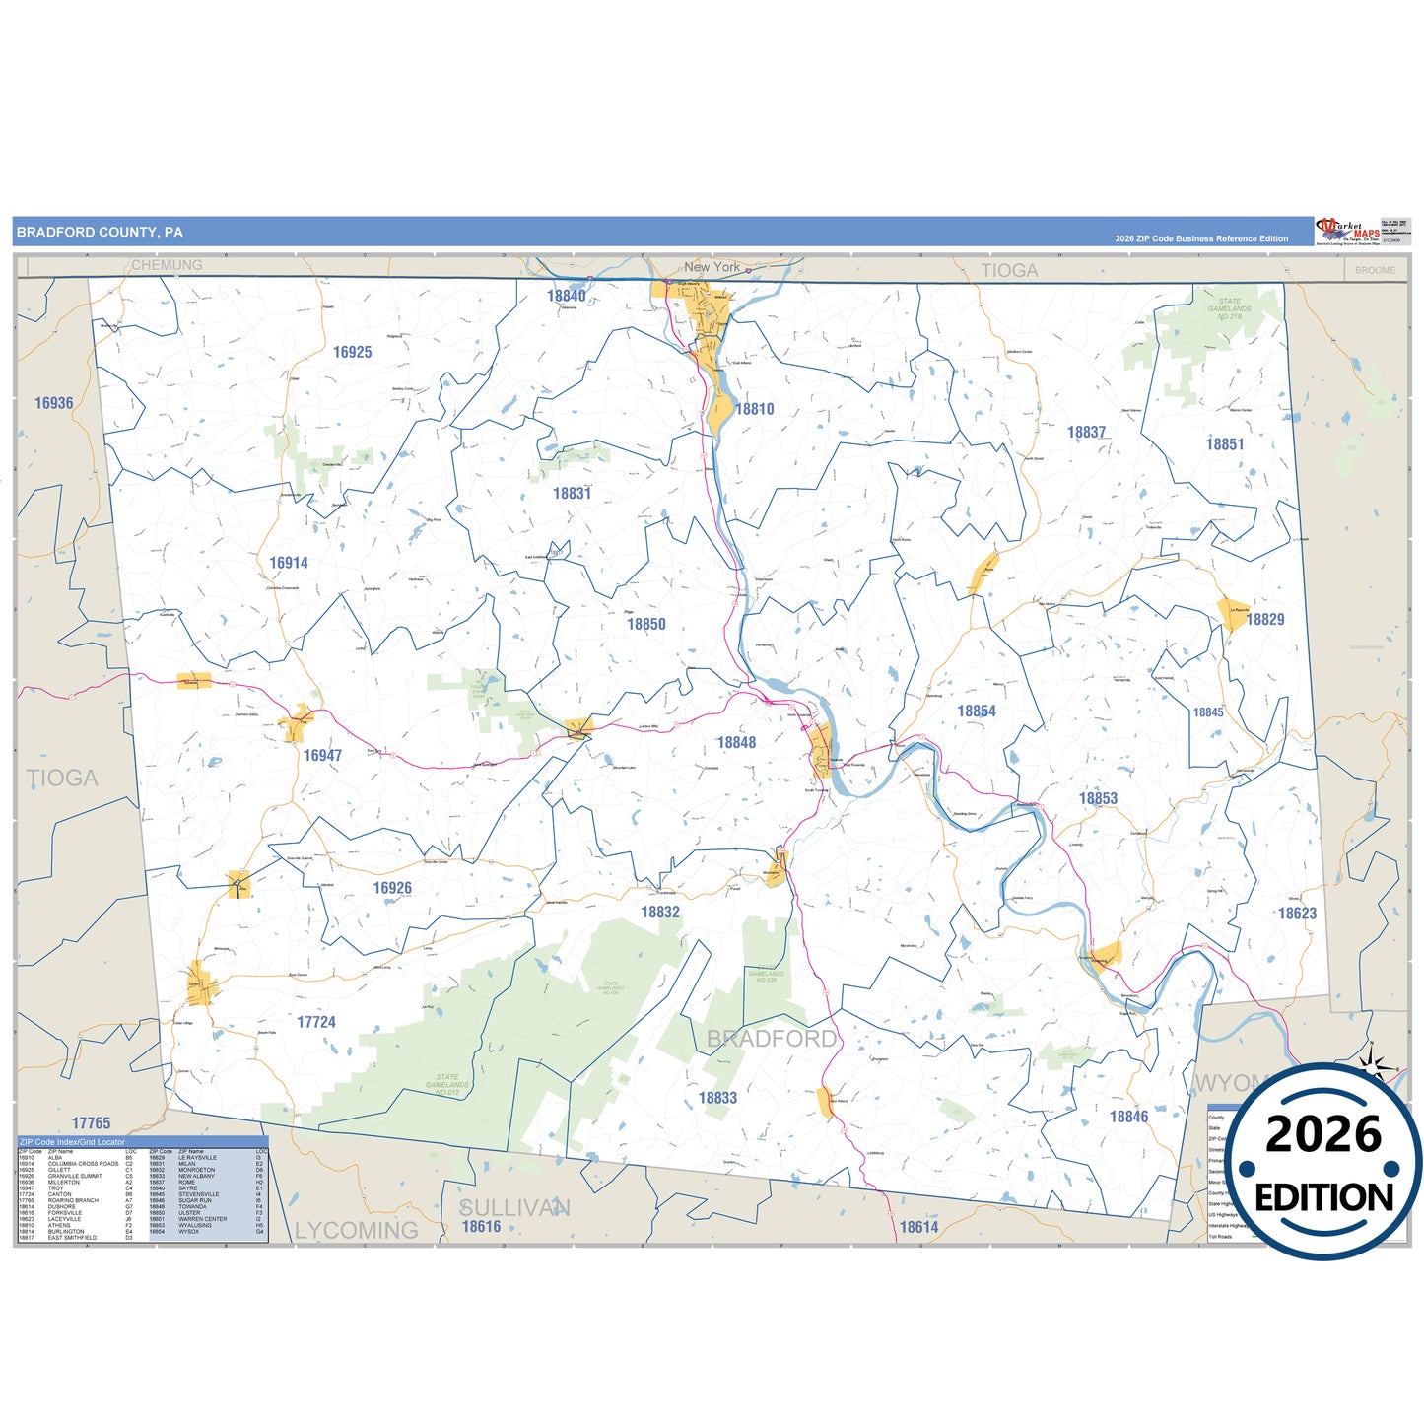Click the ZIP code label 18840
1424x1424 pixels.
pos(567,296)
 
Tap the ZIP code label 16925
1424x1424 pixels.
pos(352,352)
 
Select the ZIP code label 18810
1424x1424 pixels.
pos(755,409)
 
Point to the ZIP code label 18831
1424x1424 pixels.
pos(572,493)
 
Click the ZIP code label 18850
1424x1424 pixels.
pos(646,624)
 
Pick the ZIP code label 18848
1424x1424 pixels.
pos(736,742)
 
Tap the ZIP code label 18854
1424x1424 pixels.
pos(977,711)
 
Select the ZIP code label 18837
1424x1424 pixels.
pos(1086,432)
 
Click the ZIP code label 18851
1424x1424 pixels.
pos(1225,444)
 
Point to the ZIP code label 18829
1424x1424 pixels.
pos(1265,619)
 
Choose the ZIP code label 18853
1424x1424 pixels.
pos(1098,798)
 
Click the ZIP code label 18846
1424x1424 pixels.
pos(1128,1117)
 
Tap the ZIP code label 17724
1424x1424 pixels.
pos(316,1022)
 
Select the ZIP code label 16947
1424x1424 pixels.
pos(322,755)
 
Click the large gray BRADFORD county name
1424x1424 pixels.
pos(772,1038)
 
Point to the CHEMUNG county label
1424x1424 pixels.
pos(167,265)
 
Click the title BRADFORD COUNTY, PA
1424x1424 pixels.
pos(100,233)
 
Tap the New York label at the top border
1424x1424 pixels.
pos(712,267)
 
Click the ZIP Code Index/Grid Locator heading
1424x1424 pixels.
pos(72,1142)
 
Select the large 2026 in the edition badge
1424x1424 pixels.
pos(1323,1134)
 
